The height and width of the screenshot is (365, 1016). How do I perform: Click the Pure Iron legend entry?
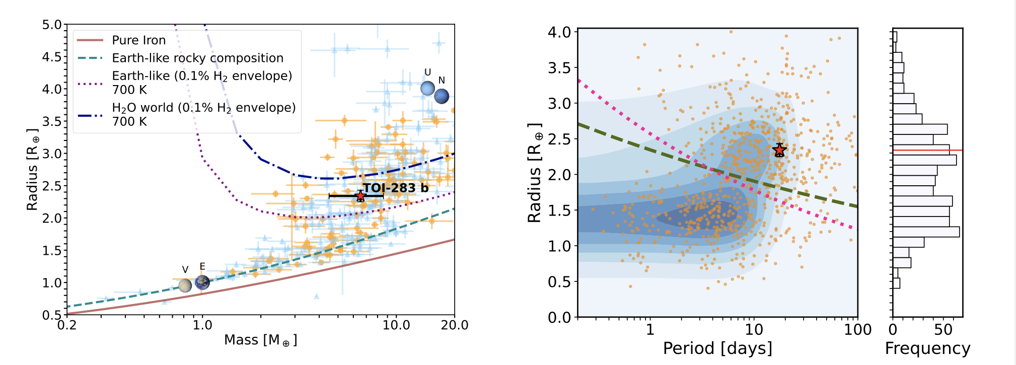(x=138, y=40)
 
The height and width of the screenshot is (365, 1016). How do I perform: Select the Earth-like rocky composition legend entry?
(x=197, y=58)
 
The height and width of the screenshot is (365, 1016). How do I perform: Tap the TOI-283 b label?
(x=396, y=188)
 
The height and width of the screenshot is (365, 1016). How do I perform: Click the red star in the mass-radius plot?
(x=360, y=196)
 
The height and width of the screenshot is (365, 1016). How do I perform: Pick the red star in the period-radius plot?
(x=779, y=150)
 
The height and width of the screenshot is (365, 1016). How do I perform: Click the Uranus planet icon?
(x=427, y=89)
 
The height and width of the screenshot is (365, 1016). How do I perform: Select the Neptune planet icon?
(x=442, y=96)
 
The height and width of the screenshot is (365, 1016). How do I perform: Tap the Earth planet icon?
(x=202, y=282)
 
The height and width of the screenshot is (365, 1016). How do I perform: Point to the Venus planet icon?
(x=185, y=285)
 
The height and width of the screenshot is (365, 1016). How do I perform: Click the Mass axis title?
(x=260, y=340)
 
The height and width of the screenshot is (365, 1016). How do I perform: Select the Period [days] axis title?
(x=717, y=348)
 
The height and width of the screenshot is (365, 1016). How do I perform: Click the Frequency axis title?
(x=927, y=348)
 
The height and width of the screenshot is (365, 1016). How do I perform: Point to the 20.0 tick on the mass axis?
(x=454, y=325)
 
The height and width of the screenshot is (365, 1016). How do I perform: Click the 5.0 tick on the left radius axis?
(x=52, y=25)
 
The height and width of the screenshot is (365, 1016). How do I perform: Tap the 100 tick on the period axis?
(x=858, y=330)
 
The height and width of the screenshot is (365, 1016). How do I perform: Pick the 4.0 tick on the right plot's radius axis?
(x=559, y=32)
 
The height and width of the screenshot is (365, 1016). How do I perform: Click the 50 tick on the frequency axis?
(x=943, y=330)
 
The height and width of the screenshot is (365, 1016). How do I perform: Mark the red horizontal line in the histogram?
(x=927, y=151)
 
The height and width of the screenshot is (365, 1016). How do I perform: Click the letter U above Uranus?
(x=427, y=72)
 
